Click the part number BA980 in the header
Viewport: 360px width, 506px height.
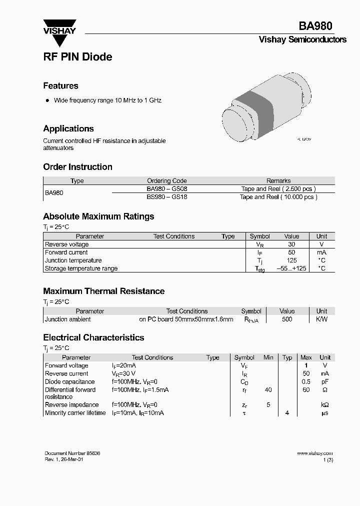coord(315,26)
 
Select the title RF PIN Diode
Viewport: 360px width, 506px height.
coord(77,57)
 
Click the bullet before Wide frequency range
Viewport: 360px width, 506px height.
coord(47,100)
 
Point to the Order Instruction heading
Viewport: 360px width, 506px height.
coord(77,167)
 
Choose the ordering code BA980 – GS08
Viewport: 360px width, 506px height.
coord(167,189)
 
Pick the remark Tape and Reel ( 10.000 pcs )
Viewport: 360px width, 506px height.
coord(278,197)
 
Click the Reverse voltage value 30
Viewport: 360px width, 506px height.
coord(291,244)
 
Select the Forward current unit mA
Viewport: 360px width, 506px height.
coord(321,252)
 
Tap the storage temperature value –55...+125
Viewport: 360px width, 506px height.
coord(291,268)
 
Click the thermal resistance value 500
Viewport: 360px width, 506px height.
coord(287,319)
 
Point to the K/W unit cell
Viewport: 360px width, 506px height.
coord(321,319)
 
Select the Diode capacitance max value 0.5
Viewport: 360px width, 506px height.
coord(306,381)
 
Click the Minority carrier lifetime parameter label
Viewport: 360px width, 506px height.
coord(75,413)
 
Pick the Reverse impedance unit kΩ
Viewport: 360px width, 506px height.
coord(325,404)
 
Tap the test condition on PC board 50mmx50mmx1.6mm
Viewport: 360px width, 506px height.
coord(186,319)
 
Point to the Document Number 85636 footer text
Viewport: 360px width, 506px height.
coord(72,453)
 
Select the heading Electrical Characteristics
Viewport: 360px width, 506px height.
coord(93,338)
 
